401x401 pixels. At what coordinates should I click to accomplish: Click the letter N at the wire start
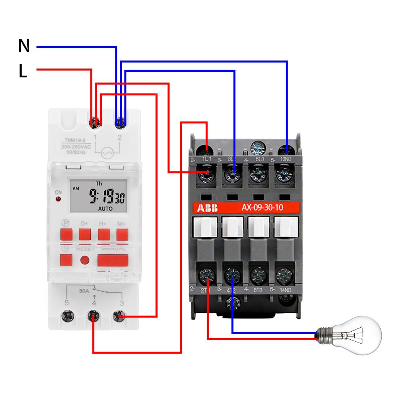pyautogui.click(x=24, y=46)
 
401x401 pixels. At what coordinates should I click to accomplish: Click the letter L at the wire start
pyautogui.click(x=23, y=71)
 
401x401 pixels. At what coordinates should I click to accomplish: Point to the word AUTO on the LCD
pyautogui.click(x=105, y=209)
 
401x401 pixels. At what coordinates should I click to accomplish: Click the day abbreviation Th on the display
pyautogui.click(x=99, y=183)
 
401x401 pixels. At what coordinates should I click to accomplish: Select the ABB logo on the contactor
pyautogui.click(x=206, y=208)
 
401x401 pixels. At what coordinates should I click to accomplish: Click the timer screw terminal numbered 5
pyautogui.click(x=67, y=317)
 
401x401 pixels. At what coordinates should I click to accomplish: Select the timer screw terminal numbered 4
pyautogui.click(x=94, y=318)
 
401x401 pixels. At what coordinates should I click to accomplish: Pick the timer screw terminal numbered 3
pyautogui.click(x=118, y=317)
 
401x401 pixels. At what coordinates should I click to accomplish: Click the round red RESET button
pyautogui.click(x=85, y=260)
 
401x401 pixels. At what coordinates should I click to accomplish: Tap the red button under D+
pyautogui.click(x=84, y=234)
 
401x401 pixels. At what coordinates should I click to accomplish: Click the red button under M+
pyautogui.click(x=122, y=234)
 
